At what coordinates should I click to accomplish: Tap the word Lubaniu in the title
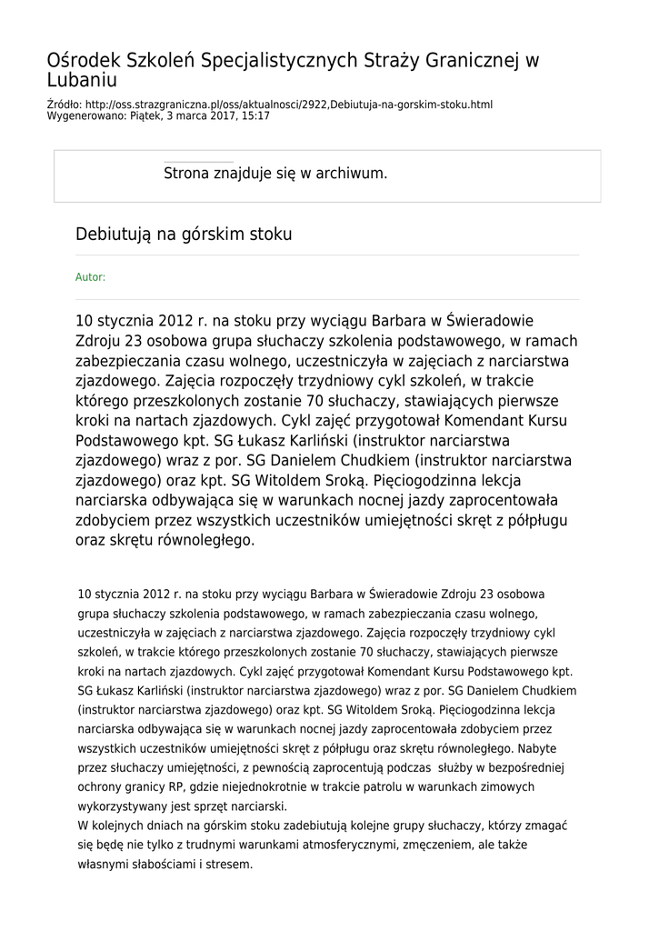(x=83, y=81)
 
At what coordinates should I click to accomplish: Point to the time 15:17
(x=255, y=116)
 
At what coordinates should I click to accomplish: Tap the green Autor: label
(x=90, y=277)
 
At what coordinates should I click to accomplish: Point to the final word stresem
(x=229, y=864)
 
